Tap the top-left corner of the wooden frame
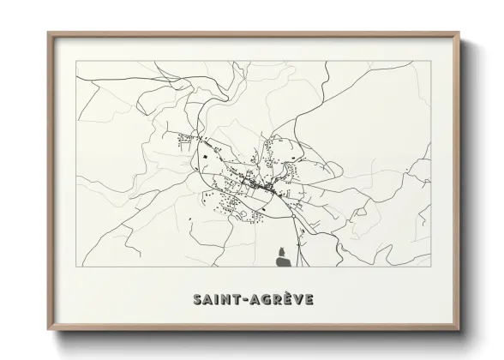[48, 33]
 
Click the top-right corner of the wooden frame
[460, 33]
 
